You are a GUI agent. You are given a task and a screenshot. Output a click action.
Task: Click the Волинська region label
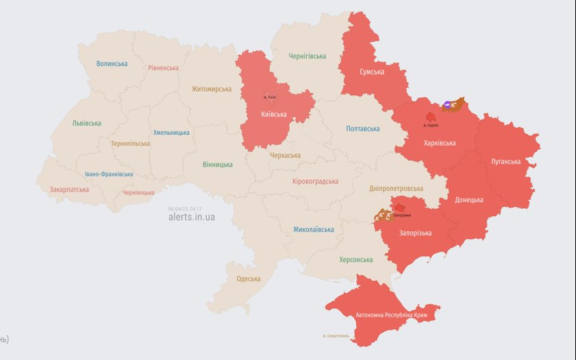click(112, 64)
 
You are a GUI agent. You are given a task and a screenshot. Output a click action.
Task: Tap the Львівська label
click(86, 123)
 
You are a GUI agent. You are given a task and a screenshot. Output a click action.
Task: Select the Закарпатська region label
click(68, 190)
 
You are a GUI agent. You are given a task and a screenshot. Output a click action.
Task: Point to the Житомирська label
click(211, 89)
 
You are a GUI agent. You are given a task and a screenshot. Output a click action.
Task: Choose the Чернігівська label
click(307, 56)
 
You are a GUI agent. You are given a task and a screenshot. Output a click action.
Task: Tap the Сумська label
click(372, 72)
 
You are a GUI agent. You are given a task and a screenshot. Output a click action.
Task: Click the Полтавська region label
click(362, 129)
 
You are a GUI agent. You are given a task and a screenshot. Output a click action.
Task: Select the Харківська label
click(440, 143)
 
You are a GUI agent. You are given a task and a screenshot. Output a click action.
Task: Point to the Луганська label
click(505, 162)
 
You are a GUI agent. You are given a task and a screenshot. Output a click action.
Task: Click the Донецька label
click(469, 200)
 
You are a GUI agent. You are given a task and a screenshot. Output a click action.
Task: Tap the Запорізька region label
click(416, 233)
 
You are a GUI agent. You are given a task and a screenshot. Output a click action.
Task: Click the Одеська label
click(248, 279)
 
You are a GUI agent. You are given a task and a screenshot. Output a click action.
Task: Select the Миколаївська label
click(314, 229)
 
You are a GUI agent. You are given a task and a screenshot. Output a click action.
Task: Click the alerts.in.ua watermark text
click(191, 217)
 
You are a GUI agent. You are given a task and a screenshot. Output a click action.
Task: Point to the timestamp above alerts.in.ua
click(184, 209)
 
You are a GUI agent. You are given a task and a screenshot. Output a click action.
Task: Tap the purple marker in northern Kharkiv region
click(447, 104)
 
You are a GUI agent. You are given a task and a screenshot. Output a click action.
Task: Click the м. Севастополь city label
click(336, 336)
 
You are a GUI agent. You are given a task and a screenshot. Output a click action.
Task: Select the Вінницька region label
click(218, 164)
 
